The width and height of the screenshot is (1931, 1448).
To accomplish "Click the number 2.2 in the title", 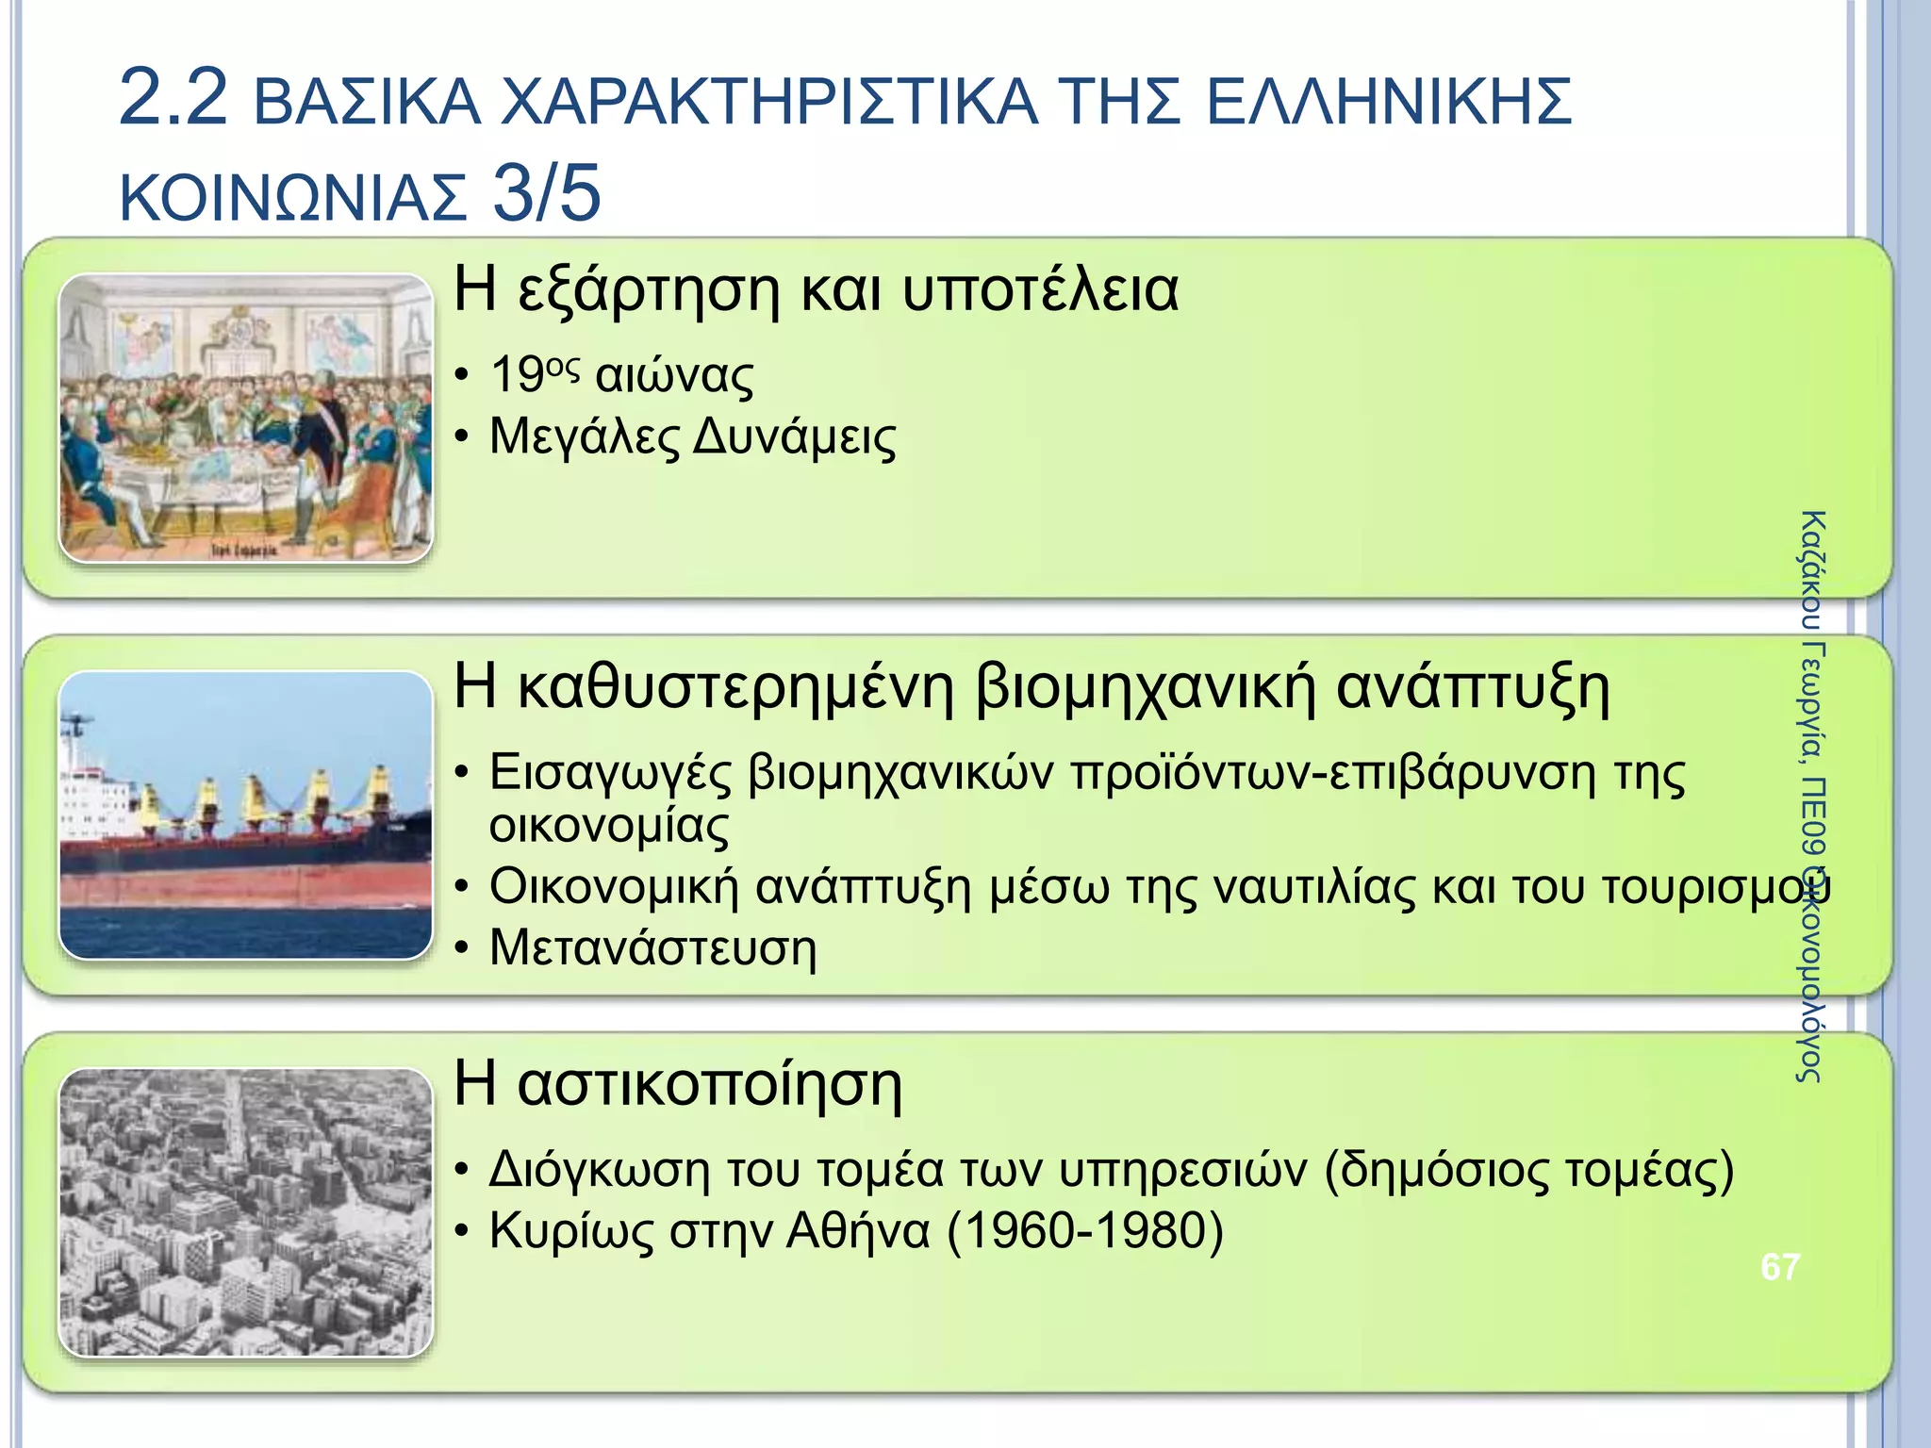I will [x=173, y=98].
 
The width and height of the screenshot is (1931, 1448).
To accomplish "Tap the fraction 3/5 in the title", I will [x=546, y=194].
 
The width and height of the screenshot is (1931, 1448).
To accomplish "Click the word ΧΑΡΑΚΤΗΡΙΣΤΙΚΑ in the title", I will [x=768, y=102].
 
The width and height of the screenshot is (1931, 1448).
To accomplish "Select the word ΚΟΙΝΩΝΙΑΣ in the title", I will [x=293, y=198].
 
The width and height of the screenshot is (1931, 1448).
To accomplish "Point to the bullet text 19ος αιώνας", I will [x=622, y=375].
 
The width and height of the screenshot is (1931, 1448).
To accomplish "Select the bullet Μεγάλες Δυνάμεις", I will [x=693, y=437].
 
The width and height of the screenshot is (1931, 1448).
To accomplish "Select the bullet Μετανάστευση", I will [x=652, y=947].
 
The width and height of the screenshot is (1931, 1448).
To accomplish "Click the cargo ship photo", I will [x=245, y=814].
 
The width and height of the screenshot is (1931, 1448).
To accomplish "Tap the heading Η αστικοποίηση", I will [x=678, y=1083].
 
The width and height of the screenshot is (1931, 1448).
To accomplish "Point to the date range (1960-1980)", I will [x=1084, y=1230].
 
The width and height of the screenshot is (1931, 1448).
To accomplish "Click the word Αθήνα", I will [x=857, y=1230].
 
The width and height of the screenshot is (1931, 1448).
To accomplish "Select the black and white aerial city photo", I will [x=245, y=1211].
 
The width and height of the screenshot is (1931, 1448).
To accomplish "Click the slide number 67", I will [x=1779, y=1267].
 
